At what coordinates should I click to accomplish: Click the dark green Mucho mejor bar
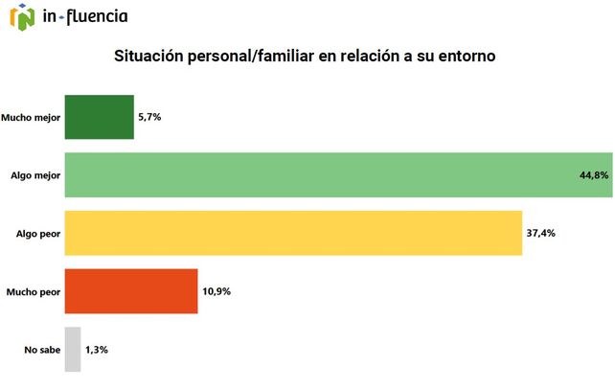(x=99, y=117)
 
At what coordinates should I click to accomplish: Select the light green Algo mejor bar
(x=337, y=175)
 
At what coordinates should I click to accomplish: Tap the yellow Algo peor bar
(x=292, y=233)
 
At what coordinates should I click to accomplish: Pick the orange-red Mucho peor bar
(x=130, y=290)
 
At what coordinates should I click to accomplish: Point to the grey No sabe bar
(x=73, y=349)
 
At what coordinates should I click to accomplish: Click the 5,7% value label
(x=149, y=117)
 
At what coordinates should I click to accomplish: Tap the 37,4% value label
(x=540, y=233)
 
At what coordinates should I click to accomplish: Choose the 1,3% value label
(x=97, y=349)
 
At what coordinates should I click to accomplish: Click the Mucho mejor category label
(x=33, y=117)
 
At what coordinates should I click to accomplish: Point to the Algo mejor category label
(x=35, y=175)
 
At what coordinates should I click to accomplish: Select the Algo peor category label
(x=38, y=233)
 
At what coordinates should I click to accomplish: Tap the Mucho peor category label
(x=34, y=291)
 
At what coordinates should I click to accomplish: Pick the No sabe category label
(x=42, y=349)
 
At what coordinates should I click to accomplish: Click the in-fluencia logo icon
(x=20, y=16)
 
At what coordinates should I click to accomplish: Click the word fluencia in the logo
(x=97, y=16)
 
